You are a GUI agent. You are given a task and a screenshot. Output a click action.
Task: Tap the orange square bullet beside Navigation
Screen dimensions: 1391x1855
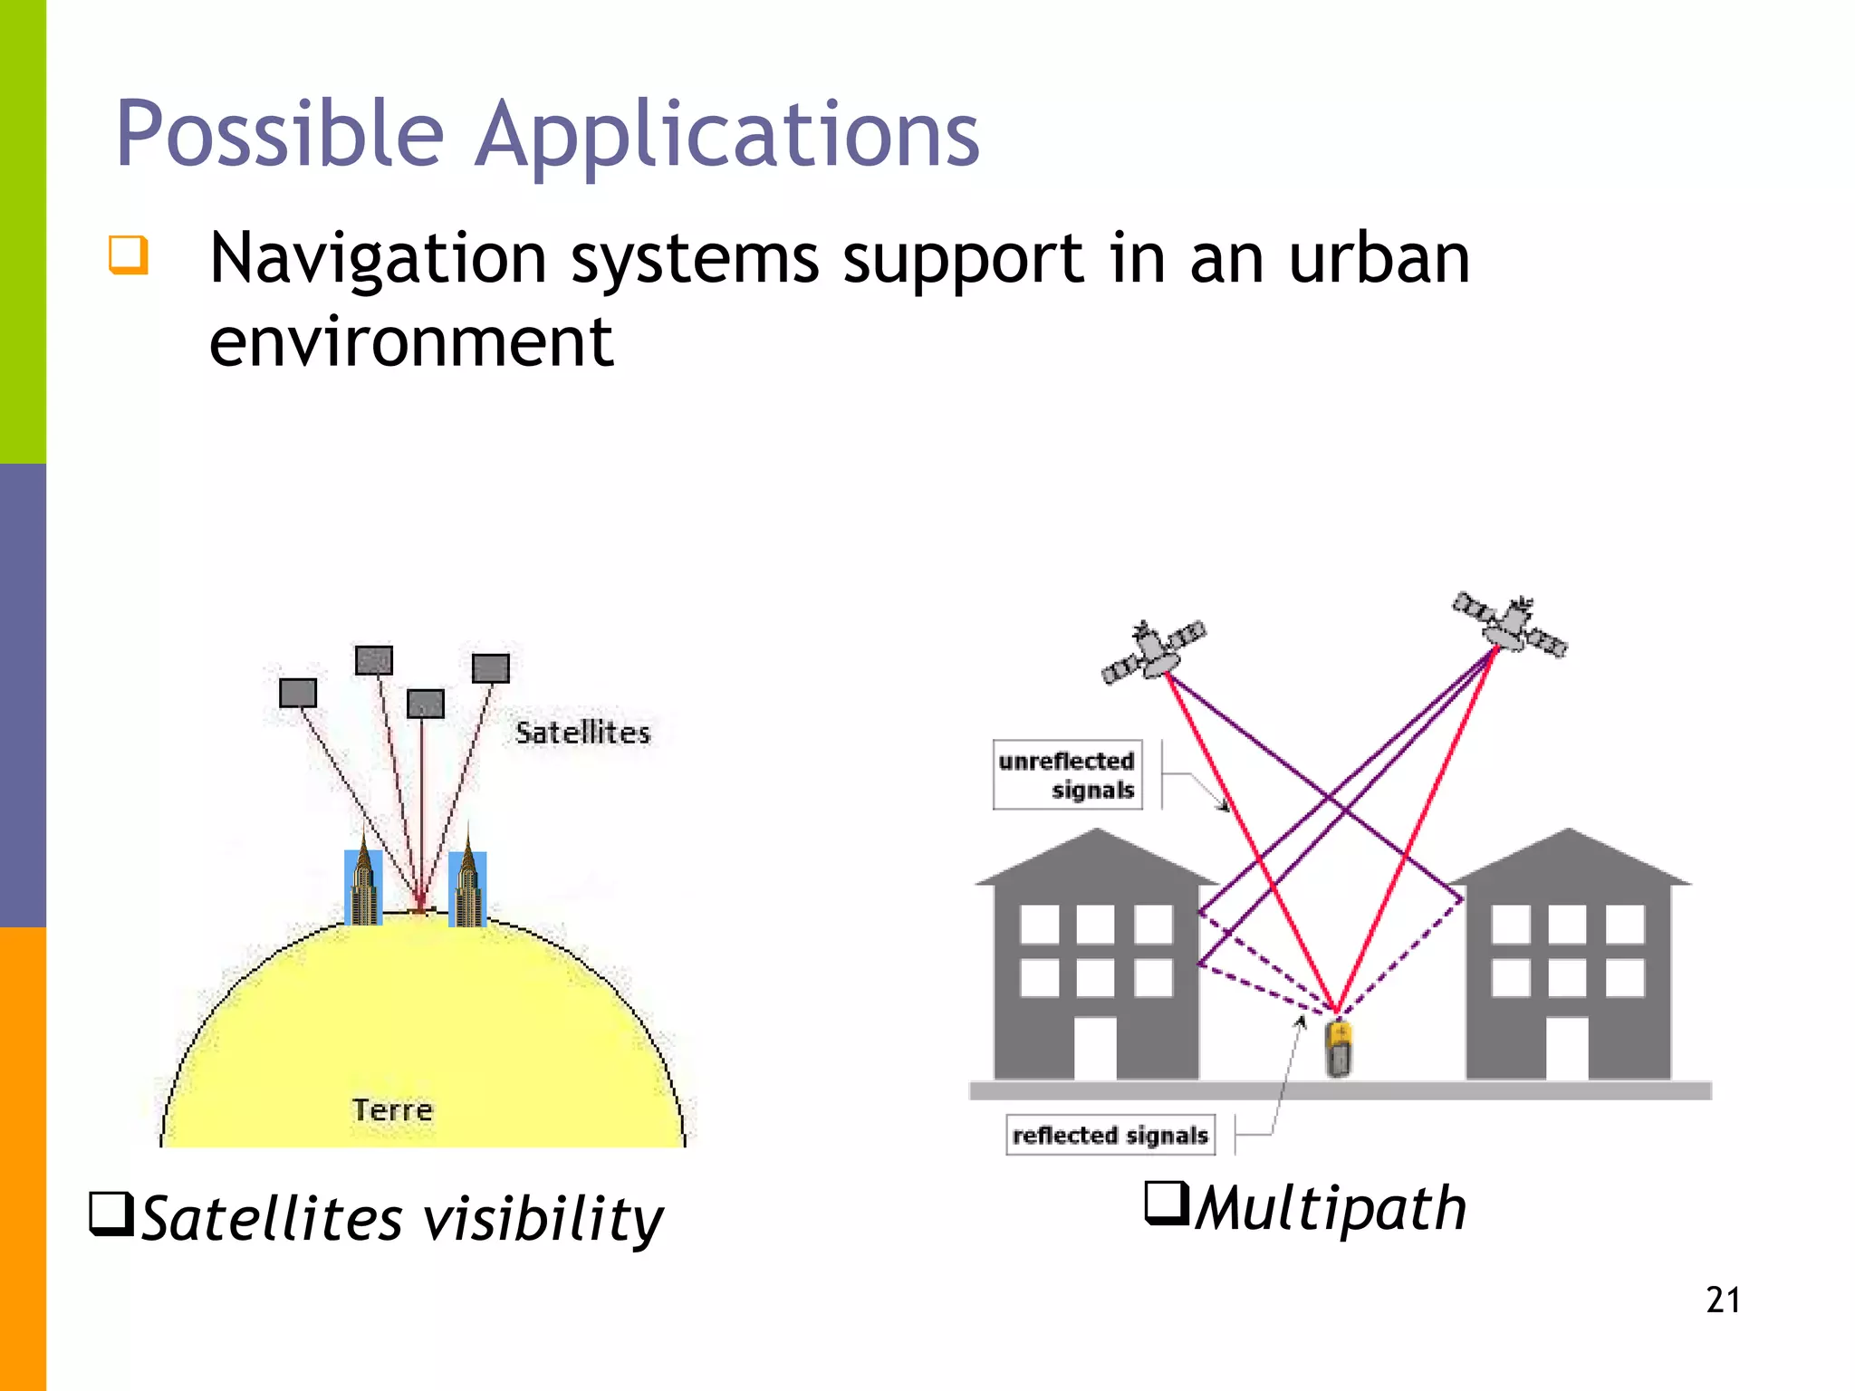click(128, 254)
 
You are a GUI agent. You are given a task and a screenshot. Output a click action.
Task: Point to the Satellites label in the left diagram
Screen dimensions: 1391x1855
click(582, 733)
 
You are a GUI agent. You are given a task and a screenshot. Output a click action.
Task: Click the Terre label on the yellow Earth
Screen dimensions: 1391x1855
click(392, 1109)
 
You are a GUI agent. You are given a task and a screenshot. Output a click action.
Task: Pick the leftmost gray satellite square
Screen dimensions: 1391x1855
click(298, 693)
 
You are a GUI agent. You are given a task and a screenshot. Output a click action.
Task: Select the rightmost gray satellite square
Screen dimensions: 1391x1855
click(491, 668)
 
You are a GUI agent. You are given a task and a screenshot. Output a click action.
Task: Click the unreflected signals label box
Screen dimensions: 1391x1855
click(1067, 775)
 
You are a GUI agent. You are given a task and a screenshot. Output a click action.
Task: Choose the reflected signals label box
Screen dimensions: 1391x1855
click(1110, 1135)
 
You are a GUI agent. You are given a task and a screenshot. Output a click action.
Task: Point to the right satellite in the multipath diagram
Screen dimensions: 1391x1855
click(1510, 623)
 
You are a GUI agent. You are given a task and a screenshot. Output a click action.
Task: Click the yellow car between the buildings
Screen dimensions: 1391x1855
click(1339, 1049)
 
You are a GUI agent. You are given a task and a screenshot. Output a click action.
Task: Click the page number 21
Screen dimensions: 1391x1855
click(1722, 1300)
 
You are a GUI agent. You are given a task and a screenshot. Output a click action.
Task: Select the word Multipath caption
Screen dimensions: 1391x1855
click(1330, 1209)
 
